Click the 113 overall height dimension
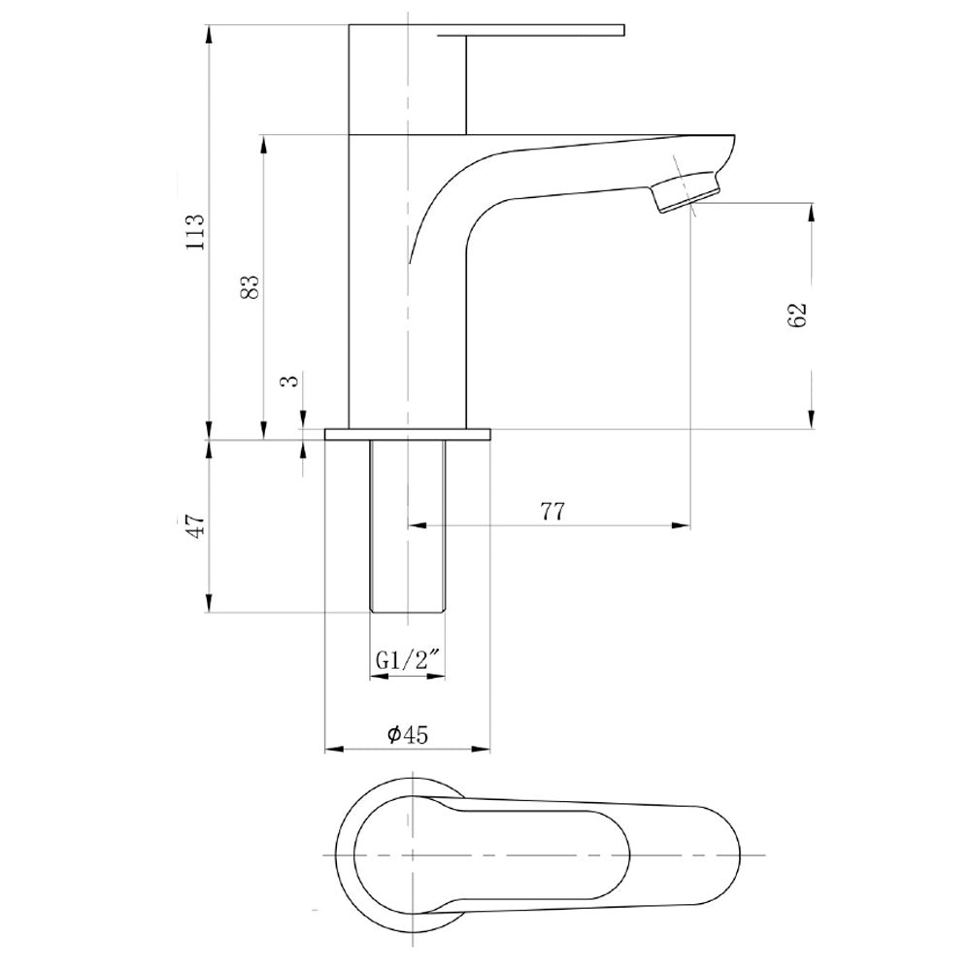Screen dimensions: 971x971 (x=195, y=232)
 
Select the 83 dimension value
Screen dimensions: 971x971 (x=249, y=286)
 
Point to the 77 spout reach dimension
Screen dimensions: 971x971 (x=553, y=512)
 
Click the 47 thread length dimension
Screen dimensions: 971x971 (x=196, y=525)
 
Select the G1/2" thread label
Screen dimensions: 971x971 (x=408, y=660)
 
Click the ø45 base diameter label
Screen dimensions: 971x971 (x=408, y=734)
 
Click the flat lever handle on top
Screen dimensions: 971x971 (x=531, y=30)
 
